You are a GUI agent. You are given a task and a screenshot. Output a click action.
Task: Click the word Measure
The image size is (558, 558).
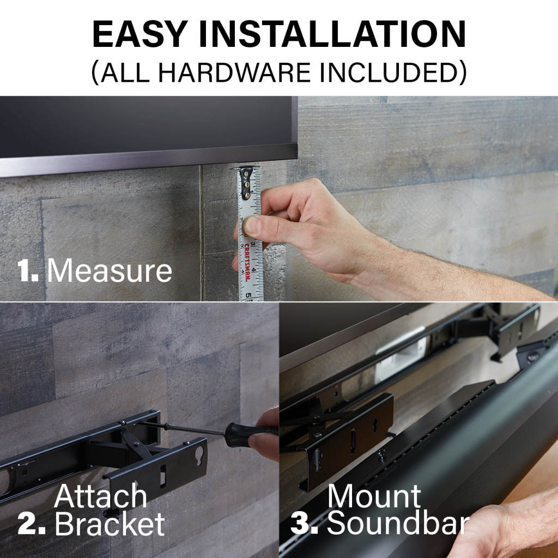click(110, 270)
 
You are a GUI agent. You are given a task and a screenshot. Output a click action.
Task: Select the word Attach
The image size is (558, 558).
click(100, 496)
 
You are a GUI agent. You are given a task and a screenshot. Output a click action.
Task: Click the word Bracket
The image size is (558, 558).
click(110, 524)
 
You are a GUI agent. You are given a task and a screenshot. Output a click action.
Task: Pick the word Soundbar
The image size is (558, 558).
click(398, 524)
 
